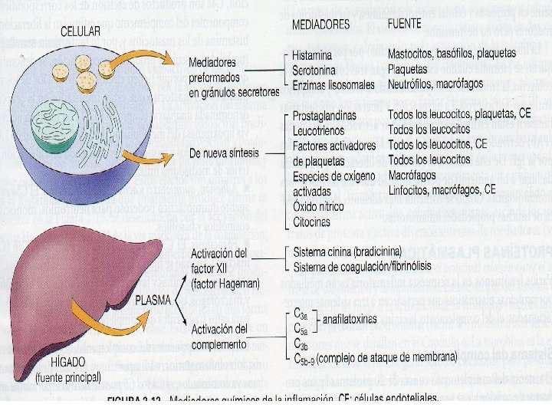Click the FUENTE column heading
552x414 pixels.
click(405, 24)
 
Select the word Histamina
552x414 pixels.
click(314, 55)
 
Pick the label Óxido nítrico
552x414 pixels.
click(319, 206)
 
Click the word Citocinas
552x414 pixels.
click(312, 222)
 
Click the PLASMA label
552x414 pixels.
click(158, 301)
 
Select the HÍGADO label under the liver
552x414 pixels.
click(64, 363)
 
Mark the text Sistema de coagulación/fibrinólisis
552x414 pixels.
click(362, 266)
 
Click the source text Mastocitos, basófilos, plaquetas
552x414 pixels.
click(452, 55)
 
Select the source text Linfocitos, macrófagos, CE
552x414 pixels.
click(442, 189)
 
